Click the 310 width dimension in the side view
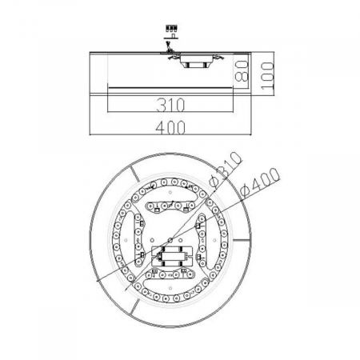[x=170, y=103]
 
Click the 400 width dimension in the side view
[x=170, y=126]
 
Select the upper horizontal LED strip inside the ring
[x=170, y=206]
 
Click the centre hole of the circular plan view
[x=170, y=240]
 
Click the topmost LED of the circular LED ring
[x=170, y=182]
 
